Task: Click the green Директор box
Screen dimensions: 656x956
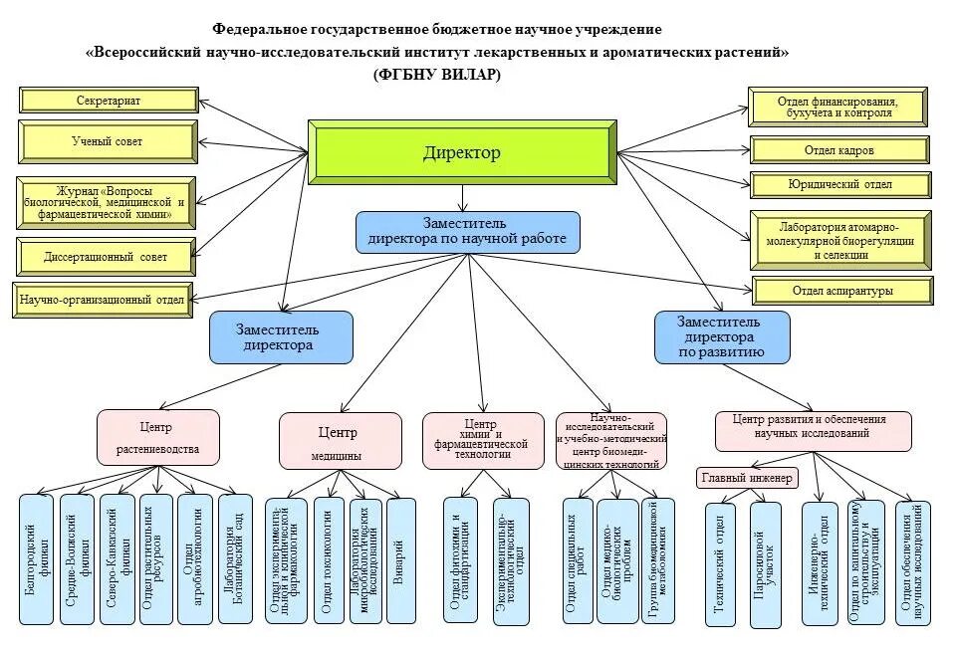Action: click(x=461, y=152)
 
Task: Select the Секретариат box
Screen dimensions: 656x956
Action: click(x=108, y=101)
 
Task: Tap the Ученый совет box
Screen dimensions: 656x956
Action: click(x=107, y=141)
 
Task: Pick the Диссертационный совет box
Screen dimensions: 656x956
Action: click(x=106, y=257)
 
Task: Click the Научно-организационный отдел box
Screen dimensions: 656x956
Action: click(x=102, y=300)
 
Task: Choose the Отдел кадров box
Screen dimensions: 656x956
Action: click(x=839, y=150)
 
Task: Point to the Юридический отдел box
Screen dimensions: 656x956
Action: click(x=839, y=184)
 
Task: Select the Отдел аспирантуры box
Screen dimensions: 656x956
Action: click(x=842, y=291)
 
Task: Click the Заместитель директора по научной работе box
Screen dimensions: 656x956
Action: click(x=467, y=231)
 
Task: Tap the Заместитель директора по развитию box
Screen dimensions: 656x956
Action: click(x=721, y=336)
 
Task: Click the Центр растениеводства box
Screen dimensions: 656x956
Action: click(x=157, y=438)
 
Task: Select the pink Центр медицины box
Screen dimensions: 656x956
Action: click(x=339, y=442)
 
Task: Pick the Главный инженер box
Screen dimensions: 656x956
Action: click(x=746, y=479)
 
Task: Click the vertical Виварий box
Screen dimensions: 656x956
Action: click(x=400, y=559)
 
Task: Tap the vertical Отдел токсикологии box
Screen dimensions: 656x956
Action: click(x=329, y=559)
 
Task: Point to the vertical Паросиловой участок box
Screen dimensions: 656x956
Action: click(x=765, y=564)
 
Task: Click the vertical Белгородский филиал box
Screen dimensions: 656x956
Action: click(x=36, y=559)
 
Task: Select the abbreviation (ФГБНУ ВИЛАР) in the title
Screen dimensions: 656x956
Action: click(x=437, y=76)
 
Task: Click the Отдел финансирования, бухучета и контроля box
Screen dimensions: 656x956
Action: click(x=839, y=108)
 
